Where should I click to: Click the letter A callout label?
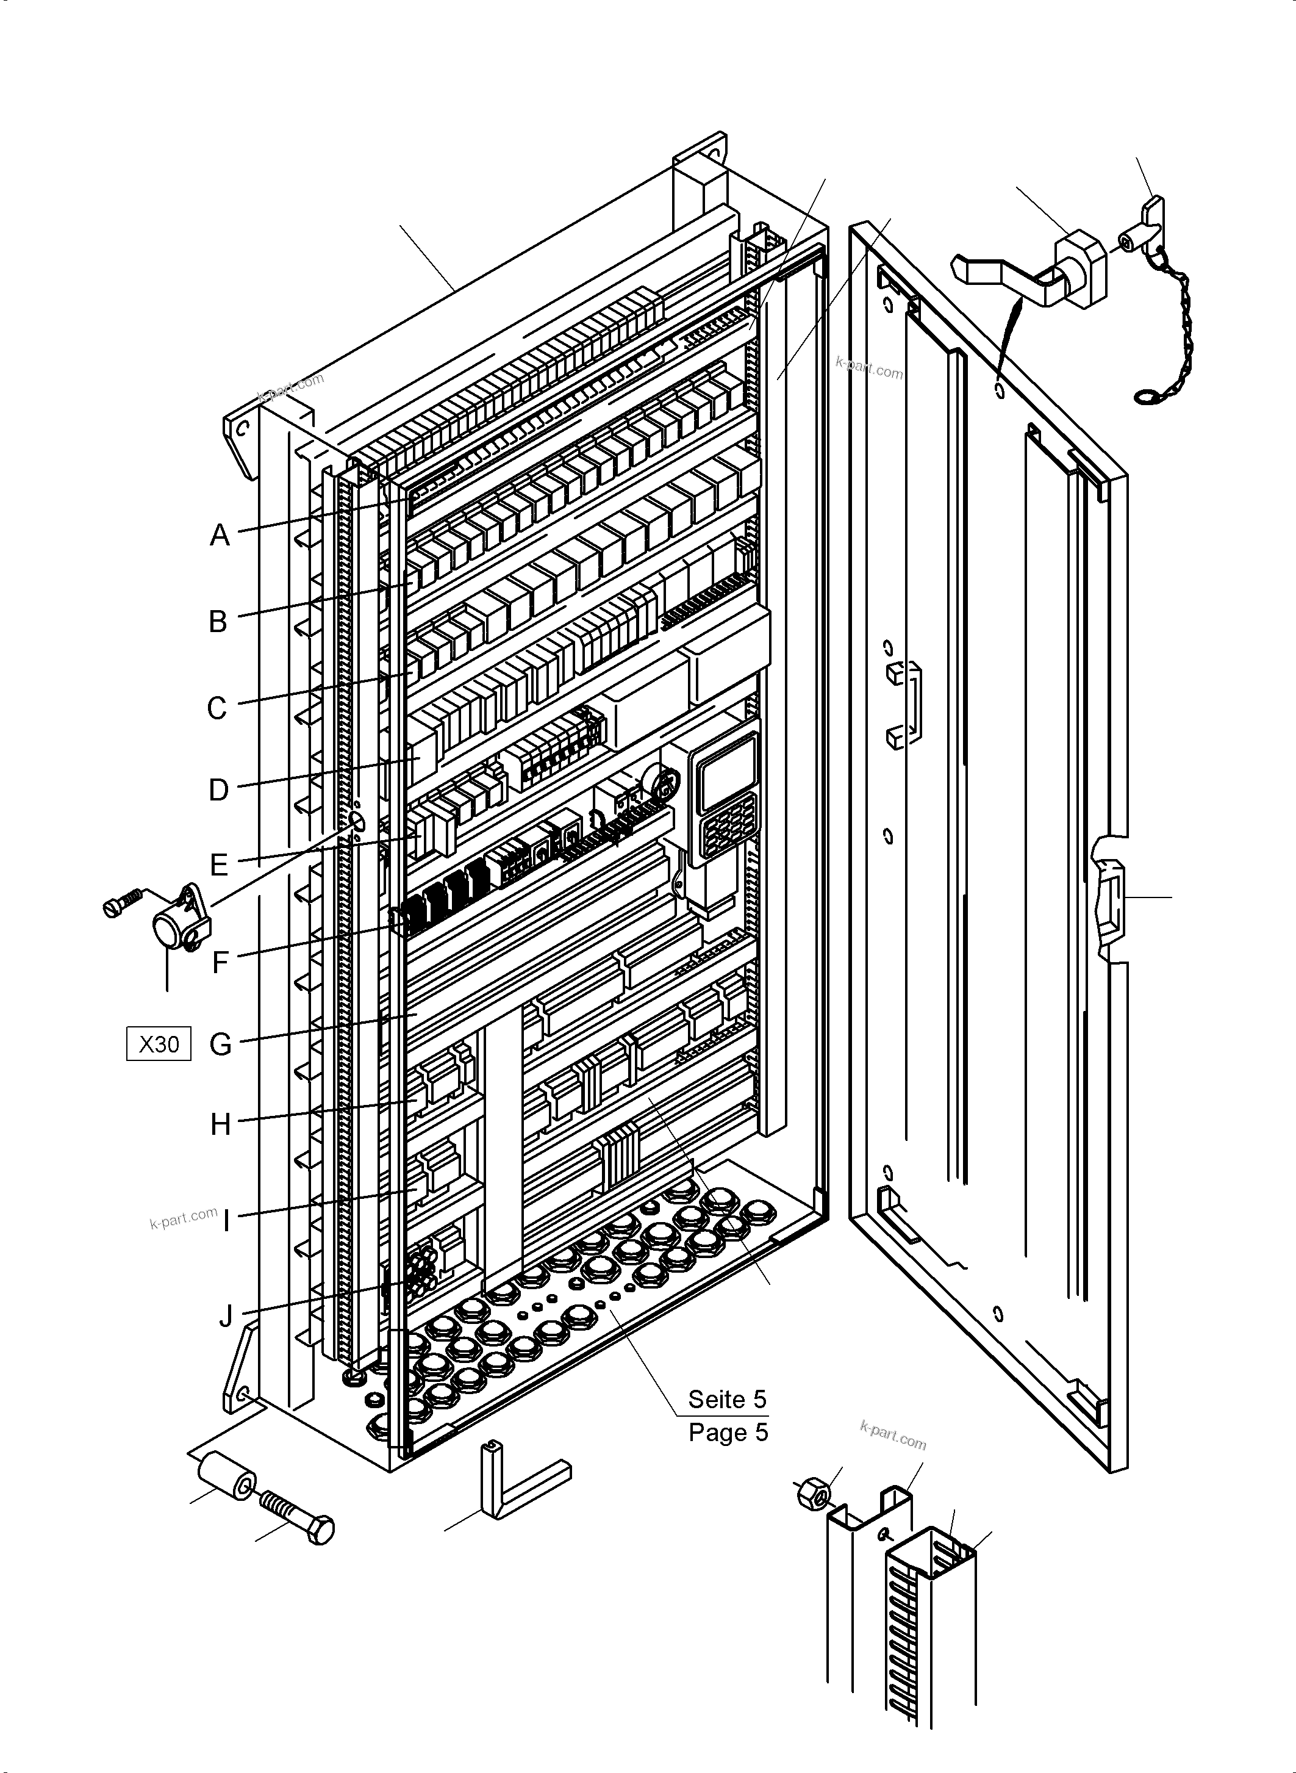220,535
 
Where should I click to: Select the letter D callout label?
219,790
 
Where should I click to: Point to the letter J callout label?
226,1316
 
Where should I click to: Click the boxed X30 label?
159,1045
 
